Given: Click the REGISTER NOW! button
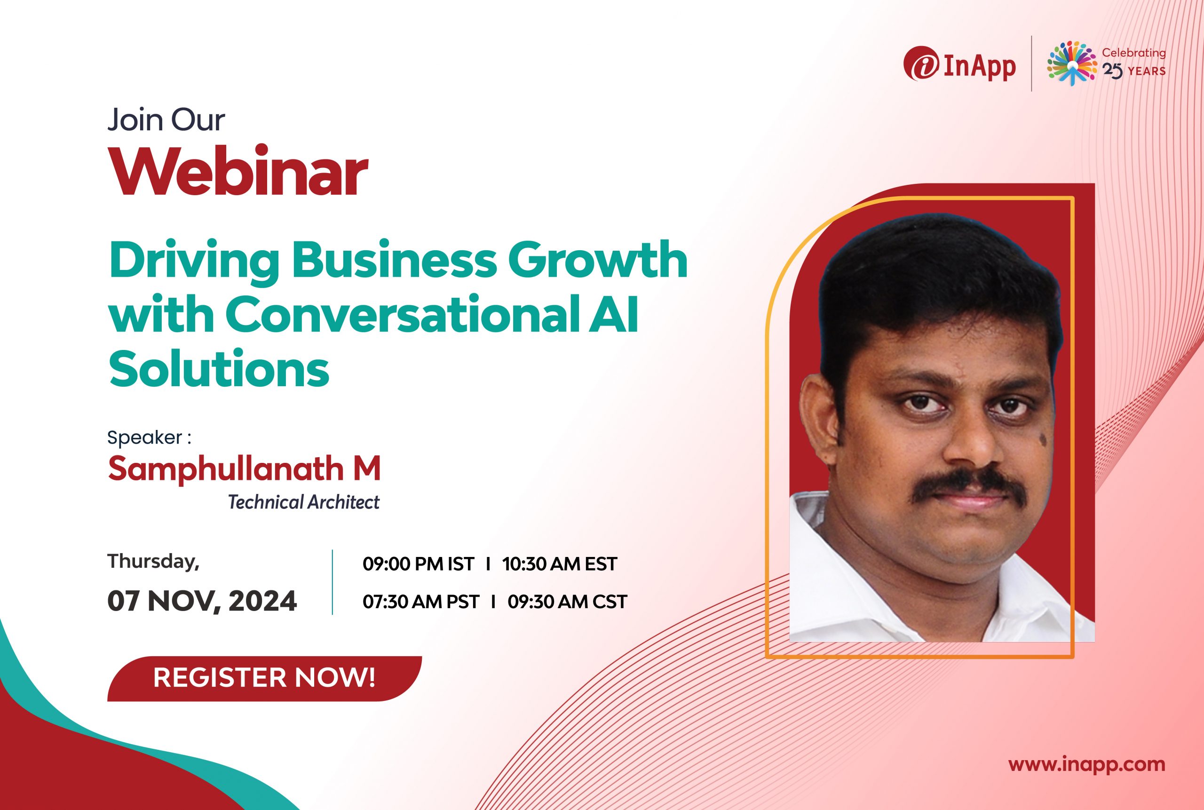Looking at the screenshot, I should point(264,678).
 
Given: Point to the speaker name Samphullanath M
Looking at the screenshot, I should point(244,469).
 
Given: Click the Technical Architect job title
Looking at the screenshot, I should point(304,502).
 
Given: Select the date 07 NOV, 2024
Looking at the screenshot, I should point(202,601).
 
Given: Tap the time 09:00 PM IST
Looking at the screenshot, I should point(419,564).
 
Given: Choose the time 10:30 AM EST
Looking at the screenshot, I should point(559,564).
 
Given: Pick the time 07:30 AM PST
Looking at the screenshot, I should point(420,602).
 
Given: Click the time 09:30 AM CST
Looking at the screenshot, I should point(567,602).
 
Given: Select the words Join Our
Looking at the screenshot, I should point(166,120).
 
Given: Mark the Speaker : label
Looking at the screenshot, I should point(149,437).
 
